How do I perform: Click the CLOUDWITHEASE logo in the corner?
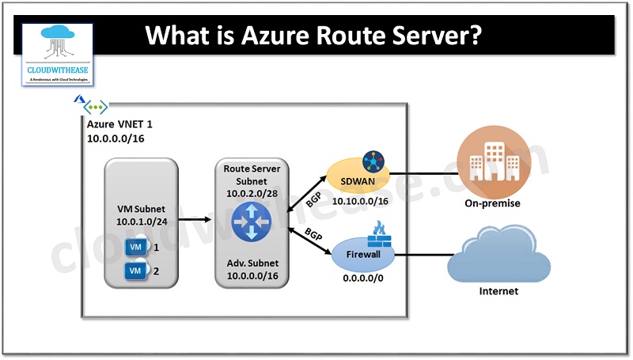(58, 54)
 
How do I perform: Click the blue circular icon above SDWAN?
(373, 161)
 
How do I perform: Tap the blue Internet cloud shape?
(498, 252)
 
